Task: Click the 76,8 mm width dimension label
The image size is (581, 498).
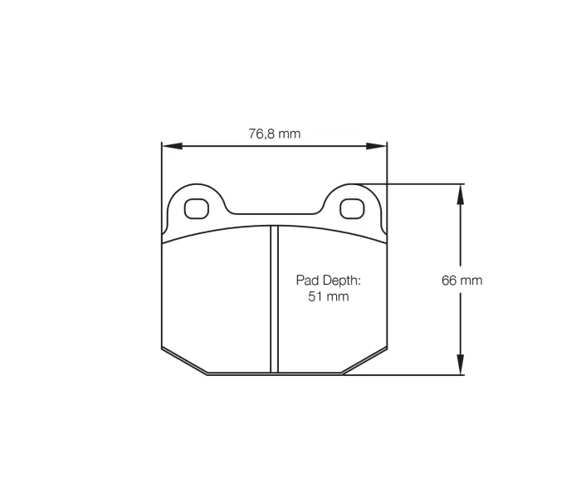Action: [x=274, y=133]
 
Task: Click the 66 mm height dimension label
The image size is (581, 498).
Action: [x=461, y=281]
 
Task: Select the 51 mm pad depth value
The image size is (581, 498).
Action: [x=329, y=296]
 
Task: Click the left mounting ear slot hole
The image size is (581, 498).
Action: [x=197, y=207]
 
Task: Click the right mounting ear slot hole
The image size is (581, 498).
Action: [x=352, y=207]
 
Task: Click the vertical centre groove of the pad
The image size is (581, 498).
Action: [x=274, y=299]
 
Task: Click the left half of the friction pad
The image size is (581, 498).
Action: [x=216, y=299]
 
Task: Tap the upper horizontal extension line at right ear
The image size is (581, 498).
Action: [x=415, y=183]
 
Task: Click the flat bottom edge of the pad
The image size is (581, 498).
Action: [x=274, y=374]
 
